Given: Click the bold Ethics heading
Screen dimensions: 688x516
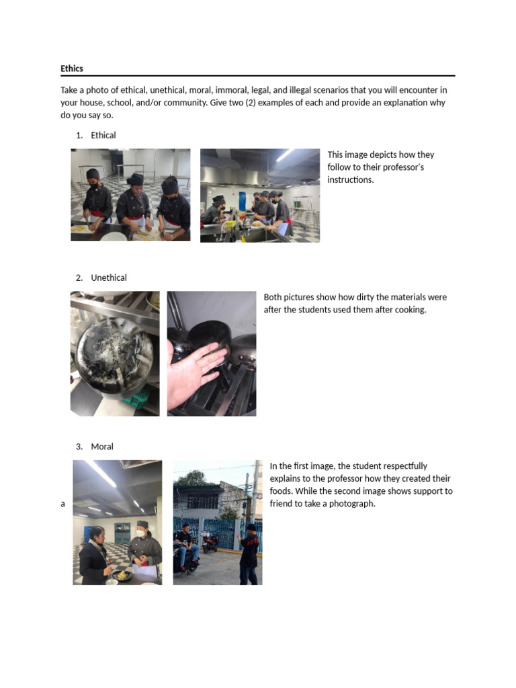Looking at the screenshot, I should [72, 69].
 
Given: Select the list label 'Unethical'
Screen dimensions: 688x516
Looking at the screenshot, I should [109, 277].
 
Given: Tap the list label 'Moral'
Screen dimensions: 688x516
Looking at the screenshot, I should [102, 446].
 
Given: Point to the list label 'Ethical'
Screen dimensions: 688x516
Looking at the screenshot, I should [103, 135].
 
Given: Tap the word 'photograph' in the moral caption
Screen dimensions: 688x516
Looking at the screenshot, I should [352, 503].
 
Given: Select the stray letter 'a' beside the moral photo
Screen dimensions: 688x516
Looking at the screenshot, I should [63, 504].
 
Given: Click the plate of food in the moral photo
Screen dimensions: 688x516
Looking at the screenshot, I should [122, 575].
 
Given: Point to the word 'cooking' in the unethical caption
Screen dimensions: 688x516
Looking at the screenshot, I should [409, 310].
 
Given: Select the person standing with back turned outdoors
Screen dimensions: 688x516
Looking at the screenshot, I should [249, 552].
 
